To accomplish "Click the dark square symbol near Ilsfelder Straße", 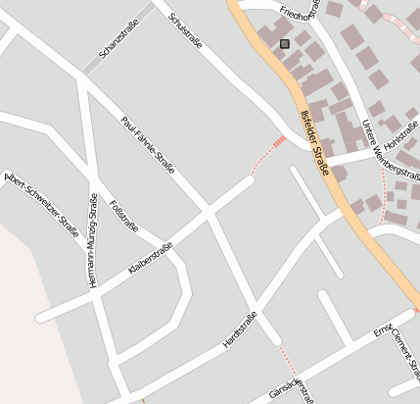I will tap(285, 43).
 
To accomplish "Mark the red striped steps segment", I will tap(279, 143).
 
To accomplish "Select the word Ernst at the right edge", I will tap(383, 329).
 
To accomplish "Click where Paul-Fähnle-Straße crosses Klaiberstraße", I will tap(209, 209).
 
